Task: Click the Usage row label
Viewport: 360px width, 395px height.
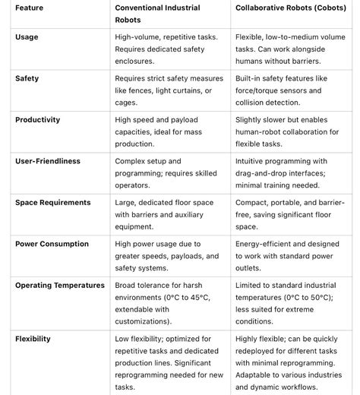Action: [x=27, y=36]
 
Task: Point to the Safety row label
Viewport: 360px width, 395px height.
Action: [x=27, y=78]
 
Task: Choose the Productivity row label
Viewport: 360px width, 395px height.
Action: [x=37, y=120]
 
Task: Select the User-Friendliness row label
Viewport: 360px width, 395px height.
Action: [x=47, y=161]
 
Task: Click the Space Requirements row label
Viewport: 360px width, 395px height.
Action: [x=52, y=203]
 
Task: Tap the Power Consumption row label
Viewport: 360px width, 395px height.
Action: [x=51, y=244]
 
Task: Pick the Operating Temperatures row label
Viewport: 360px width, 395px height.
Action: [x=59, y=286]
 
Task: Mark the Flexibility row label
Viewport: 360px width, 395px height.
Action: [x=33, y=339]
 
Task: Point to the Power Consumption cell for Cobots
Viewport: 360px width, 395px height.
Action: [x=287, y=256]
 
